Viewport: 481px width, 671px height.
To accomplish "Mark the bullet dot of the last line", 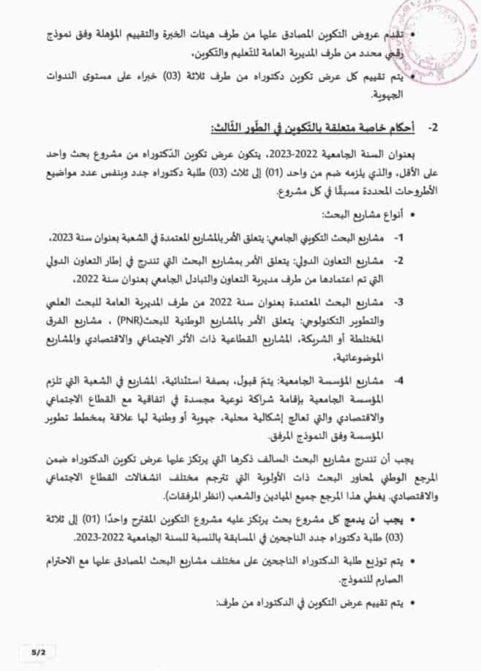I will coord(418,604).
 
